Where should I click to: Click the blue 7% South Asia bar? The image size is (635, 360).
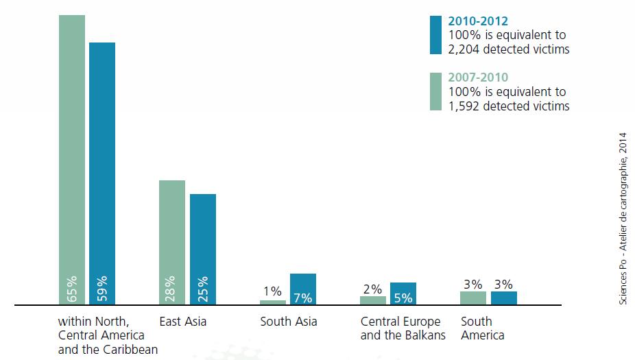(x=303, y=289)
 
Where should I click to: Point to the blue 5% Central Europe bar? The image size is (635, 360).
(x=403, y=293)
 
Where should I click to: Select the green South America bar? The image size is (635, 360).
(x=473, y=298)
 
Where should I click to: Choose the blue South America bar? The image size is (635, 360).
(x=504, y=298)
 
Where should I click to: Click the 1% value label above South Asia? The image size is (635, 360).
(x=272, y=291)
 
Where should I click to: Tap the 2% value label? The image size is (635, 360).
(x=372, y=289)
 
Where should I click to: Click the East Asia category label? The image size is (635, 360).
(x=182, y=322)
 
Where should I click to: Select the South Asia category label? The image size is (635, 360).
(x=288, y=322)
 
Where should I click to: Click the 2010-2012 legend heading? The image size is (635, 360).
(x=478, y=21)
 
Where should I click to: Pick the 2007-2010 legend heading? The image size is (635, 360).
(x=478, y=77)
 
